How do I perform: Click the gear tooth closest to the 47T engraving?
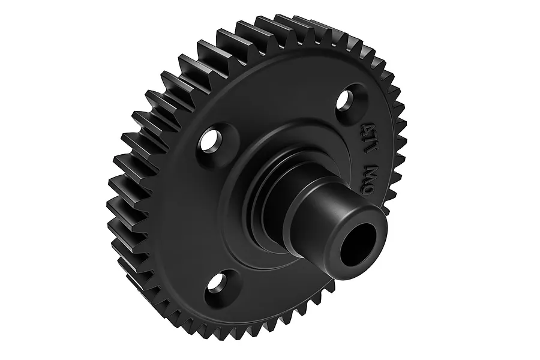tap(399, 129)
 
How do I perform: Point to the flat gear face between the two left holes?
tap(192, 210)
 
